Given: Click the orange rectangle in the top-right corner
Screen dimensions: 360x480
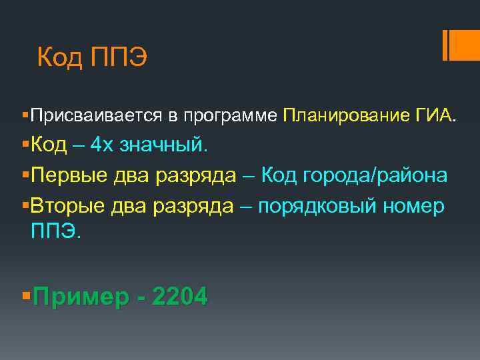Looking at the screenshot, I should pos(461,45).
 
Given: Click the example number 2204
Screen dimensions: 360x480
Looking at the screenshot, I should pos(180,295).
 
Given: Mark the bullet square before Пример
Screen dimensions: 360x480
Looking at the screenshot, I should pos(26,293).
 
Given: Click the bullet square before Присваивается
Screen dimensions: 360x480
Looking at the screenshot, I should pos(24,115).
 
